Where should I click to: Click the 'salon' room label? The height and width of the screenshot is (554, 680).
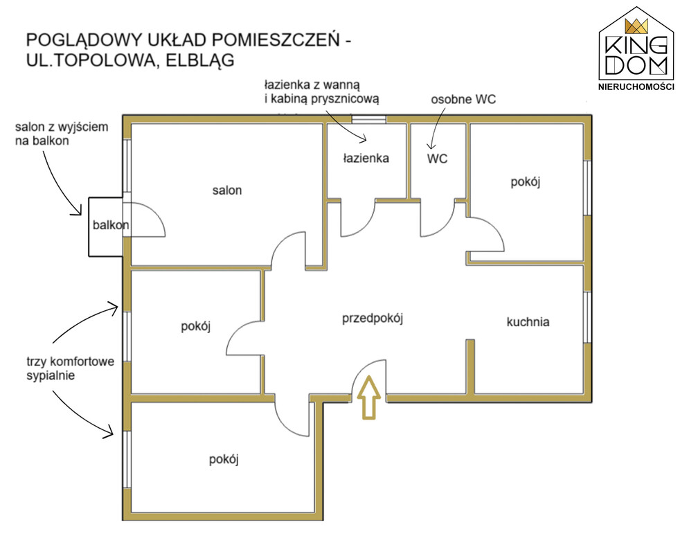tap(226, 190)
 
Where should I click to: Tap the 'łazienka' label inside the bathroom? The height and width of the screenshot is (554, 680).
tap(366, 158)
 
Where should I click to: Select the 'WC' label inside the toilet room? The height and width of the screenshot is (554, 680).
tap(437, 159)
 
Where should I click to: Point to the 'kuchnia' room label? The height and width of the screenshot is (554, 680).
tap(528, 321)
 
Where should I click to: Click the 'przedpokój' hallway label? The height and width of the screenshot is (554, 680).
tap(373, 319)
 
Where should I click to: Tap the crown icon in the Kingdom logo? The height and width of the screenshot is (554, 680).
tap(636, 26)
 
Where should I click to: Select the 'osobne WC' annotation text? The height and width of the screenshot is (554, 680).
tap(463, 99)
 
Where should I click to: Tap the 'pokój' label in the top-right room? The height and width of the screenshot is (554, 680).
tap(525, 182)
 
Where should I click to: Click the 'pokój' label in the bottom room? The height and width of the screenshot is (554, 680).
tap(224, 459)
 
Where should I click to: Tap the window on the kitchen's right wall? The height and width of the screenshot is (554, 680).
tap(587, 317)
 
